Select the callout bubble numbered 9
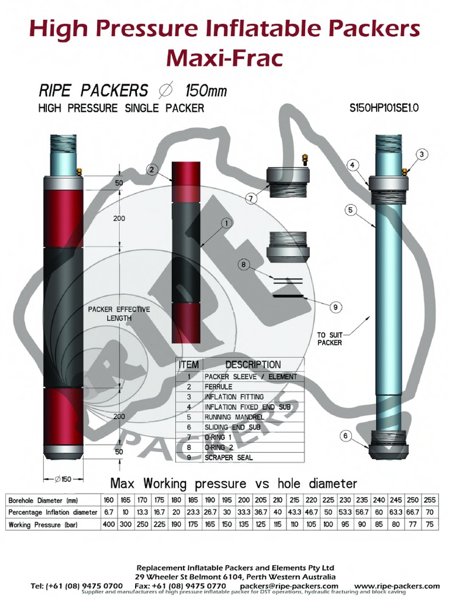tap(336, 307)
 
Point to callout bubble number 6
tap(346, 435)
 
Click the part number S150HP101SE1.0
tap(384, 108)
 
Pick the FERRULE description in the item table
tap(219, 387)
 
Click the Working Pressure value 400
tap(108, 524)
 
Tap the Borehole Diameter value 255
tap(431, 500)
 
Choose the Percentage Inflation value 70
tap(431, 512)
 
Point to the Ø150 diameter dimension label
tap(63, 479)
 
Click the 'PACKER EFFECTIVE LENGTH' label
tap(119, 314)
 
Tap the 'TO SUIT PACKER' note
tap(329, 339)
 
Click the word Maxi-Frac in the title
tap(224, 57)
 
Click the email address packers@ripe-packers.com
tap(289, 586)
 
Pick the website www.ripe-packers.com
tap(397, 586)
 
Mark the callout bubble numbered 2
tap(151, 170)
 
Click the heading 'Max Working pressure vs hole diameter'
tap(234, 483)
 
